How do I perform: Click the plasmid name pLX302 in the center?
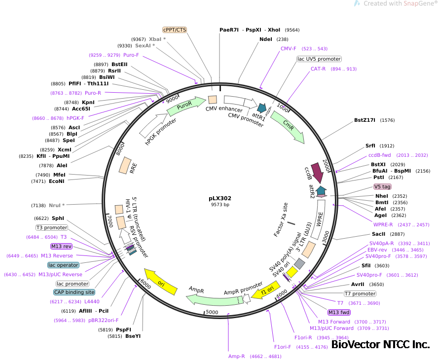point(219,198)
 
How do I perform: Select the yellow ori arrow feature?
point(159,282)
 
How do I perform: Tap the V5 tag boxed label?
point(382,187)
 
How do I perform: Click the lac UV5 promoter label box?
point(319,59)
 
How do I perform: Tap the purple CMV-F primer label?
point(288,49)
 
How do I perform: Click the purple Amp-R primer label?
point(237,356)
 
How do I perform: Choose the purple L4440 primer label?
point(92,301)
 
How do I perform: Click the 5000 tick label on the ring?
point(212,312)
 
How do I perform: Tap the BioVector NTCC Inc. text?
point(380,345)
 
